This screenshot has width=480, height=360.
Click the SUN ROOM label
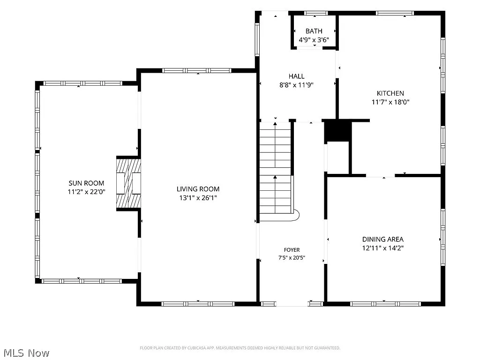86,183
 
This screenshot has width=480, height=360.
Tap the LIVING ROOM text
198,189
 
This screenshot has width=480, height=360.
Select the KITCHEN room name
390,93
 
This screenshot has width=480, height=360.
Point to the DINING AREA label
383,239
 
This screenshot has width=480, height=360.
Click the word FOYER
292,250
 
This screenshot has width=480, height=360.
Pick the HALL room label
297,76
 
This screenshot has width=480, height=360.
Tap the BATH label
314,31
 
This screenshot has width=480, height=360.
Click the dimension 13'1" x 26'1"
198,198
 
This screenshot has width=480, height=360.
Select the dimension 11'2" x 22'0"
86,192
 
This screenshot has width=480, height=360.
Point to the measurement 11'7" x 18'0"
390,102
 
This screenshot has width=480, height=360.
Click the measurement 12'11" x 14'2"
383,248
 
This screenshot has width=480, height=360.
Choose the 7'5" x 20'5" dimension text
292,258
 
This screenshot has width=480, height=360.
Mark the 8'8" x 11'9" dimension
297,85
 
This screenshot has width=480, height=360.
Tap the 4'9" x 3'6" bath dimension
314,40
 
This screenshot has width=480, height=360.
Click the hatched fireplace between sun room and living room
128,183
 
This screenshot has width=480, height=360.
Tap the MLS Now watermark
27,353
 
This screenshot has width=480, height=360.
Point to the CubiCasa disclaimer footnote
240,348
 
